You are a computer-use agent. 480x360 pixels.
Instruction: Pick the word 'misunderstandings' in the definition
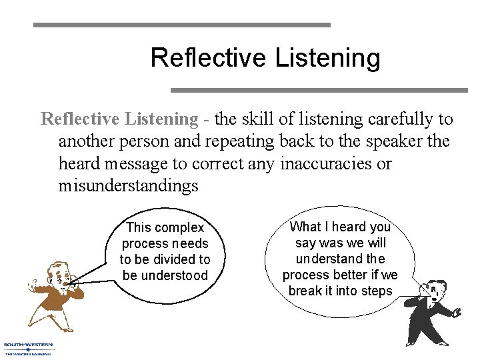pyautogui.click(x=128, y=185)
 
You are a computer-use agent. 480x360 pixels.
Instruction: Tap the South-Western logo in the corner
pyautogui.click(x=28, y=349)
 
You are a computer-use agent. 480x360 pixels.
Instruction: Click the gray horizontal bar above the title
pyautogui.click(x=181, y=25)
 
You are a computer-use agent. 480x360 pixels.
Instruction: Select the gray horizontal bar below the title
pyautogui.click(x=319, y=89)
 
